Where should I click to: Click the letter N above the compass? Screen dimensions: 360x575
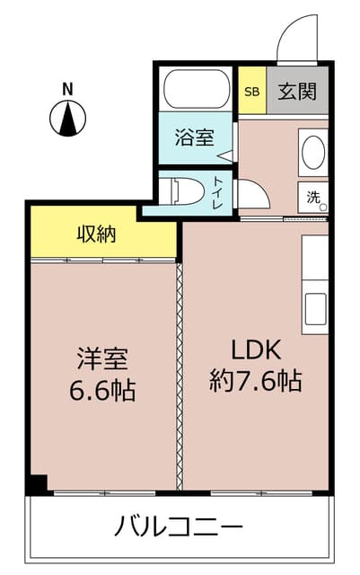pyautogui.click(x=67, y=89)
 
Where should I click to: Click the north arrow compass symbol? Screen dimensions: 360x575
pyautogui.click(x=68, y=119)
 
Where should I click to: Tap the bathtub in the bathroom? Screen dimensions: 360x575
pyautogui.click(x=195, y=88)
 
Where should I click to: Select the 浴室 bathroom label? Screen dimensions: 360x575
pyautogui.click(x=194, y=137)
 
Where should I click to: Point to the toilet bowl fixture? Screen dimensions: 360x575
pyautogui.click(x=187, y=190)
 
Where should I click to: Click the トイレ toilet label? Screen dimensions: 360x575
pyautogui.click(x=218, y=193)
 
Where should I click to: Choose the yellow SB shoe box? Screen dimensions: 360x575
pyautogui.click(x=252, y=90)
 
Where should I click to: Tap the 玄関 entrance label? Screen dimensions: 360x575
pyautogui.click(x=297, y=92)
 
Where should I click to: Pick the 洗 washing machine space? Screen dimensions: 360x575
pyautogui.click(x=312, y=198)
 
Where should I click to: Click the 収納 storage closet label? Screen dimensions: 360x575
pyautogui.click(x=96, y=234)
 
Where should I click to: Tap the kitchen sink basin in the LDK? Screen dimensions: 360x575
pyautogui.click(x=315, y=309)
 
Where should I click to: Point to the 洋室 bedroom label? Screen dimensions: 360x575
pyautogui.click(x=102, y=358)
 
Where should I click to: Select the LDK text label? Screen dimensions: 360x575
pyautogui.click(x=256, y=349)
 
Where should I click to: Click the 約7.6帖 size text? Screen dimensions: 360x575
pyautogui.click(x=256, y=381)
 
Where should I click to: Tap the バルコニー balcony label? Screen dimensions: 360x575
pyautogui.click(x=179, y=526)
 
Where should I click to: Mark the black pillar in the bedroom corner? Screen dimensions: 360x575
pyautogui.click(x=38, y=485)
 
